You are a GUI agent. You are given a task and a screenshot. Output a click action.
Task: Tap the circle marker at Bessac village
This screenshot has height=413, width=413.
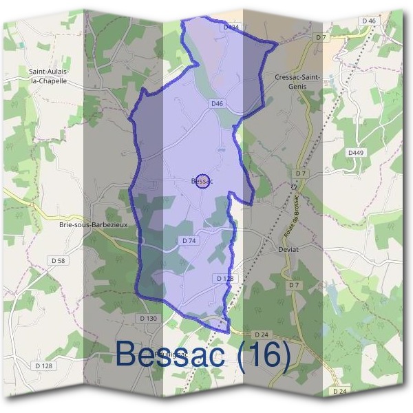(202, 181)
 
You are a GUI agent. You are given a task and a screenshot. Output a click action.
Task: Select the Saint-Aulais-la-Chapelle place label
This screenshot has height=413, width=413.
(47, 75)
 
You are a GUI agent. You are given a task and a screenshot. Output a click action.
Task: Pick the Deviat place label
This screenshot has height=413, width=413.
(288, 249)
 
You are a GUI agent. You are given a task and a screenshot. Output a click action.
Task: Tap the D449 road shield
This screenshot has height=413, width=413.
(355, 152)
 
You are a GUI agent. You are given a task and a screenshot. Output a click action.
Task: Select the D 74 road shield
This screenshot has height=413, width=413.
(189, 241)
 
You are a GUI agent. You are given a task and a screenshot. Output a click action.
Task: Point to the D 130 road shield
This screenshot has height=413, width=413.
(149, 318)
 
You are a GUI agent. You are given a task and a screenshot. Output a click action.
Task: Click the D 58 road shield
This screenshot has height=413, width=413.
(58, 260)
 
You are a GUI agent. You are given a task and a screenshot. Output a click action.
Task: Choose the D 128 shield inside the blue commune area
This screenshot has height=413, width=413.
(225, 278)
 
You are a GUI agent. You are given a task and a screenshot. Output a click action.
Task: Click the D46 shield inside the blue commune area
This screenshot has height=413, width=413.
(218, 103)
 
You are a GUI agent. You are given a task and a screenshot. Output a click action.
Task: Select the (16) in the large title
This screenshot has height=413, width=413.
(264, 354)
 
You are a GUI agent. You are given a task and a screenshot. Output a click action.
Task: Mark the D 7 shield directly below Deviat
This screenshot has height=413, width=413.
(295, 285)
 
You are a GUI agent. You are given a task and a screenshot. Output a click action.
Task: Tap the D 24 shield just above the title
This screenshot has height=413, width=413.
(260, 335)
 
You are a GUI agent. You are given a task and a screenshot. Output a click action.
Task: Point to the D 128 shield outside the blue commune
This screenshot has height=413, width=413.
(44, 366)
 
